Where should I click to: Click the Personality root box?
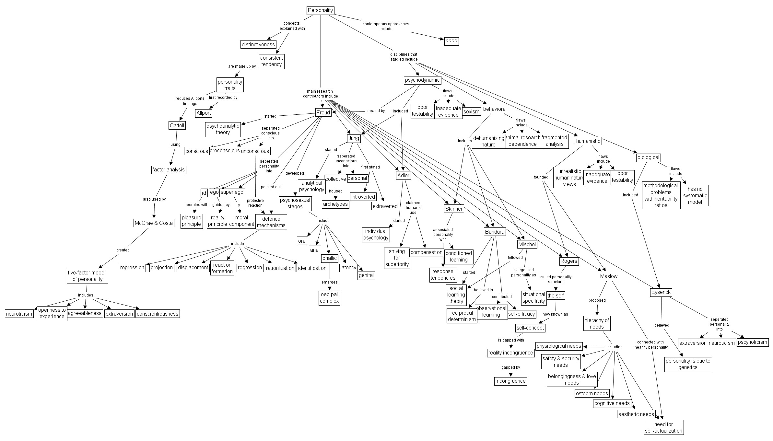point(320,10)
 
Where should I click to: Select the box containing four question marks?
point(451,41)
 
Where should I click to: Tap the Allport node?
point(204,113)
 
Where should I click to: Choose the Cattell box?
point(177,125)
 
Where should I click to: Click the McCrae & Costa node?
point(154,223)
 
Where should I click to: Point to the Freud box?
point(323,112)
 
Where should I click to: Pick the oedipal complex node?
point(329,298)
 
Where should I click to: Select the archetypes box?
point(335,204)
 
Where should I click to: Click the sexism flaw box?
point(471,111)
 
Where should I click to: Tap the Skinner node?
point(454,209)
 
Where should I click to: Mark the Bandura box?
point(495,232)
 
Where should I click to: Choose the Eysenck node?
point(661,292)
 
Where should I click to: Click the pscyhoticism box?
point(752,342)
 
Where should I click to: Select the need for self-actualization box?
point(663,427)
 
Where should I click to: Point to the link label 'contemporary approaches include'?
point(386,26)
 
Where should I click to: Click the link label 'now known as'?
point(555,314)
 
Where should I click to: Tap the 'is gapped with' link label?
point(511,340)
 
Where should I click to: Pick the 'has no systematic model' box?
point(695,195)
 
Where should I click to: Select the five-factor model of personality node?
point(88,276)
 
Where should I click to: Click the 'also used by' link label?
point(154,199)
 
